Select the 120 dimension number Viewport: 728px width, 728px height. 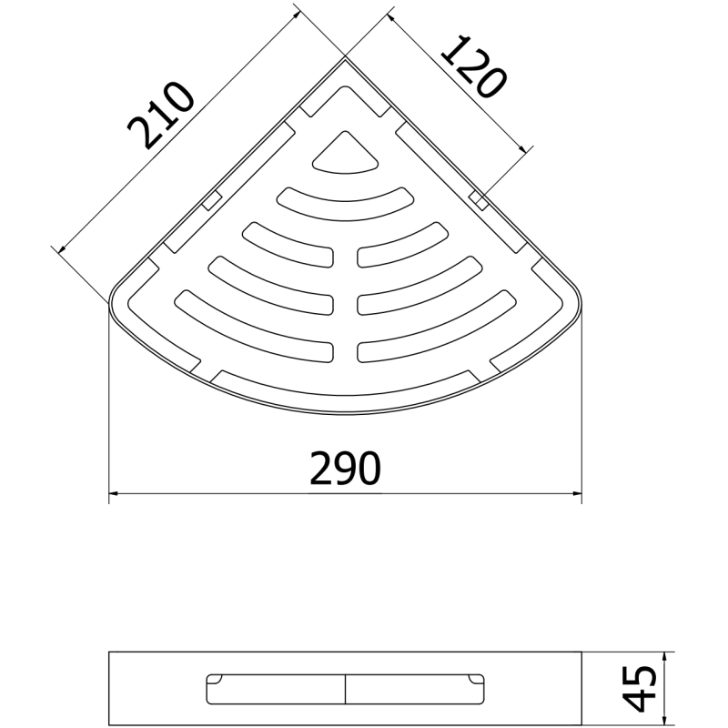[473, 66]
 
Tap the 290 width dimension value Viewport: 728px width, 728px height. [345, 470]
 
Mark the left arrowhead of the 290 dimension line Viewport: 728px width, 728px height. [114, 496]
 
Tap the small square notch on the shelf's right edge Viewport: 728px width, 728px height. [478, 197]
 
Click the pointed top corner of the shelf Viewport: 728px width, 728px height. [345, 59]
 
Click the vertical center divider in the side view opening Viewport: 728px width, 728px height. [345, 689]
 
